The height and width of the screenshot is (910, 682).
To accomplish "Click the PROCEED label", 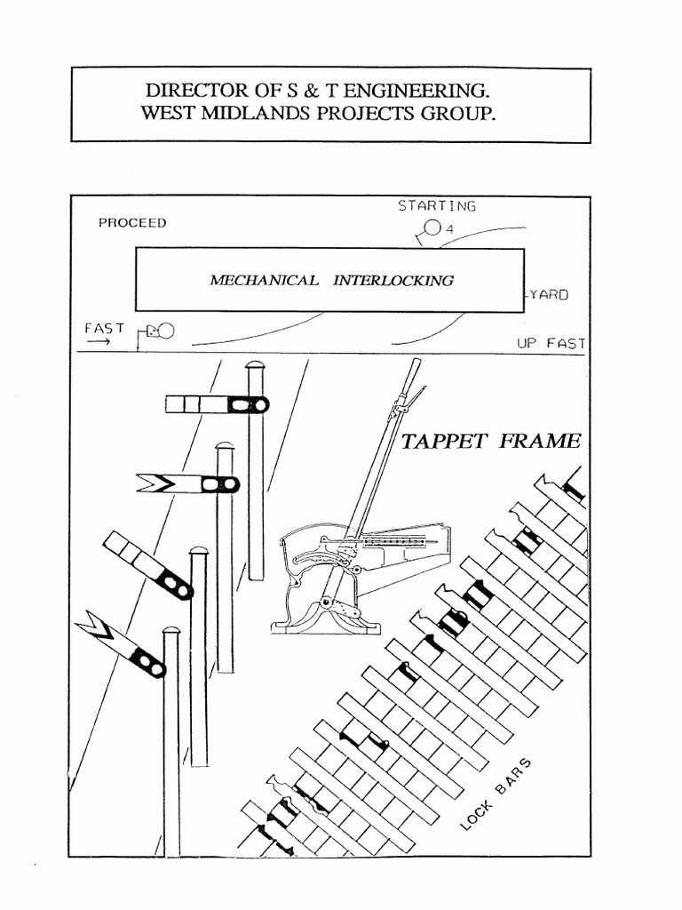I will (x=131, y=223).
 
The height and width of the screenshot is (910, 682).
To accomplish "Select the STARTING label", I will (x=436, y=206).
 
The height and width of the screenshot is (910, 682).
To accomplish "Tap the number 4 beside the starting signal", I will (x=450, y=229).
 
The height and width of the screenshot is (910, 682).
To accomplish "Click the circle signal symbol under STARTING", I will (x=432, y=228).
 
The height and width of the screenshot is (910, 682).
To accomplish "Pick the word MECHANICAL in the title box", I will (x=264, y=280).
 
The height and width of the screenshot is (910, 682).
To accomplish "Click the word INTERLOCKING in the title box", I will (x=393, y=280).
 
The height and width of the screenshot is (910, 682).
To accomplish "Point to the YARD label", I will (x=547, y=295).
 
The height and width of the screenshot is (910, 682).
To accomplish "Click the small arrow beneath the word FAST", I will (x=97, y=342).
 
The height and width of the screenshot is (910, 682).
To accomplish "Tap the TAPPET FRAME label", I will (x=491, y=441).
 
